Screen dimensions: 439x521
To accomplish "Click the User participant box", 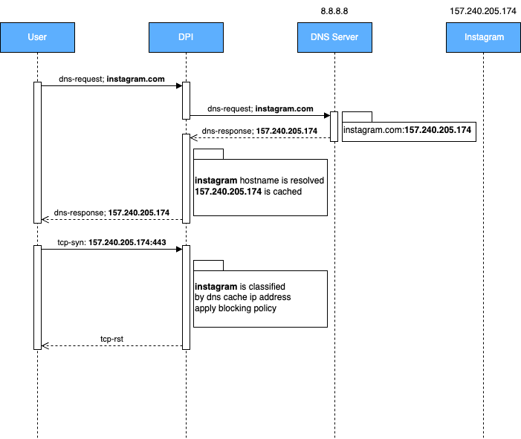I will pyautogui.click(x=37, y=37).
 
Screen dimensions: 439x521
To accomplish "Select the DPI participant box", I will pyautogui.click(x=186, y=37).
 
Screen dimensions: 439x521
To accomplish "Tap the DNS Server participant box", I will pyautogui.click(x=334, y=37).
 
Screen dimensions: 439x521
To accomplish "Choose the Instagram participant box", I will pyautogui.click(x=483, y=37).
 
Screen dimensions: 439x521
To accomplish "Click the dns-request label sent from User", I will pyautogui.click(x=111, y=79).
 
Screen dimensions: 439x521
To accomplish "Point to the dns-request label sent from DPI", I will pyautogui.click(x=260, y=108).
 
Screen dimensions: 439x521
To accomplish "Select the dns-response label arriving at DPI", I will pyautogui.click(x=259, y=131).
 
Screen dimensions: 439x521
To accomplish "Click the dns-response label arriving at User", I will pyautogui.click(x=111, y=213).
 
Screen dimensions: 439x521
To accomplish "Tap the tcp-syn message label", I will pyautogui.click(x=111, y=242).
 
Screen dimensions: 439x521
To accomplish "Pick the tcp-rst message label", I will pyautogui.click(x=111, y=339).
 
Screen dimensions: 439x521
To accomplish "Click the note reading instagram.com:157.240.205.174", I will pyautogui.click(x=407, y=130).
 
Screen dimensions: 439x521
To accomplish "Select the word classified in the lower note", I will pyautogui.click(x=267, y=287).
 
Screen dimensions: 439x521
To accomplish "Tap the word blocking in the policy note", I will pyautogui.click(x=236, y=308).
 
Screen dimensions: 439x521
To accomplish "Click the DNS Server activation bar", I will pyautogui.click(x=334, y=126).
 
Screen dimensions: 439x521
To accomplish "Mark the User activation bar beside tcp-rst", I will pyautogui.click(x=37, y=297).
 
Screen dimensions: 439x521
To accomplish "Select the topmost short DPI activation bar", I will pyautogui.click(x=187, y=100).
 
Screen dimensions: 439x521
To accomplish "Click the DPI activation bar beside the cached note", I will pyautogui.click(x=187, y=178).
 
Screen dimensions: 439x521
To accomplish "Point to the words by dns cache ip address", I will pyautogui.click(x=242, y=298).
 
